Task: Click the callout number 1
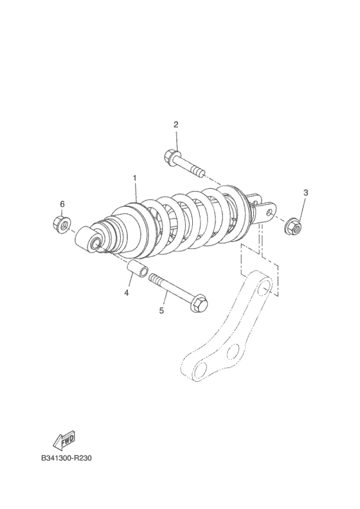[134, 178]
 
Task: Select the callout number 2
[176, 124]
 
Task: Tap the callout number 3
[306, 193]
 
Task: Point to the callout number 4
[126, 293]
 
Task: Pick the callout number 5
[161, 310]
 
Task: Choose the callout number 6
[62, 204]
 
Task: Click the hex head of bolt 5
[199, 303]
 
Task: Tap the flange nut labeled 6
[62, 224]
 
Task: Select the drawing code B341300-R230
[67, 458]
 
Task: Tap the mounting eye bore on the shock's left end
[95, 244]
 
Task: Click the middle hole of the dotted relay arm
[233, 352]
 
